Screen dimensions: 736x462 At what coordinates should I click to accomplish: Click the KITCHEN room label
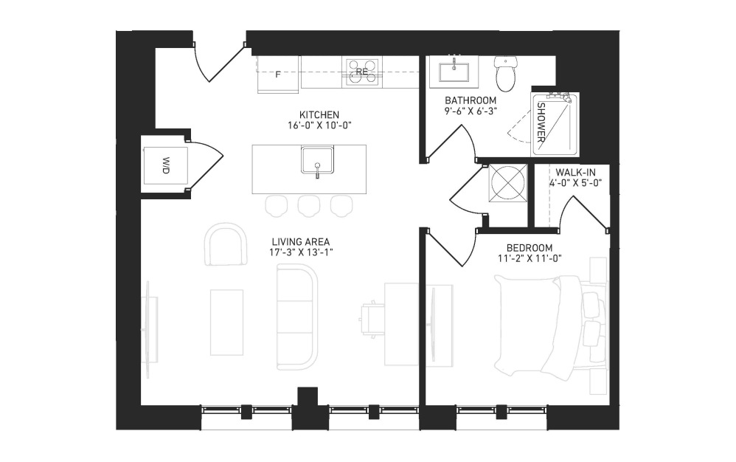pos(319,115)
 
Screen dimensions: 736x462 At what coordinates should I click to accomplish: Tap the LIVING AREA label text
pos(301,242)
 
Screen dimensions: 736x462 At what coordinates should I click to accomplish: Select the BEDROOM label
pos(530,248)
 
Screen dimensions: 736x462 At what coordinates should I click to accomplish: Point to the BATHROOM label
pos(471,100)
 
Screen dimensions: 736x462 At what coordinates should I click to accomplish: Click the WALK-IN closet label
pos(575,172)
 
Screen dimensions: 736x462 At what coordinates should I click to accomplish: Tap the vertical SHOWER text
pos(541,123)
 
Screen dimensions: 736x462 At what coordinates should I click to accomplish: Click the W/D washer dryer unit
pos(165,166)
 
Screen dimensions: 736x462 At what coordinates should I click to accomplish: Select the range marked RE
pos(361,72)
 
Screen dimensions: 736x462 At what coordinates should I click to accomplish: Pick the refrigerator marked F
pos(278,75)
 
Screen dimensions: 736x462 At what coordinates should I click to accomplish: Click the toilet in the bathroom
pos(506,75)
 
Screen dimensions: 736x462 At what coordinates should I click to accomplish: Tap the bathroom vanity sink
pos(454,72)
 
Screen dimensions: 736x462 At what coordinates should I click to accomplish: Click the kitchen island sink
pos(317,161)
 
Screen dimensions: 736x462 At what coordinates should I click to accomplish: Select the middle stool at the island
pos(309,206)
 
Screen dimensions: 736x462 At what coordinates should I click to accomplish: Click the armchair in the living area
pos(226,244)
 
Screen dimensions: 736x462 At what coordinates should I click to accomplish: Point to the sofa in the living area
pos(297,317)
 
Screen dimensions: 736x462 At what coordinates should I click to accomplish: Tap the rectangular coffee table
pos(226,323)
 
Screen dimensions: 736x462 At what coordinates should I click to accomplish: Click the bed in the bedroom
pos(549,328)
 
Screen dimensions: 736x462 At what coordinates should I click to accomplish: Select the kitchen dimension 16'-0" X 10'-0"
pos(319,125)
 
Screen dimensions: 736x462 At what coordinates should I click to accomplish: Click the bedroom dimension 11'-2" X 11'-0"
pos(530,258)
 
